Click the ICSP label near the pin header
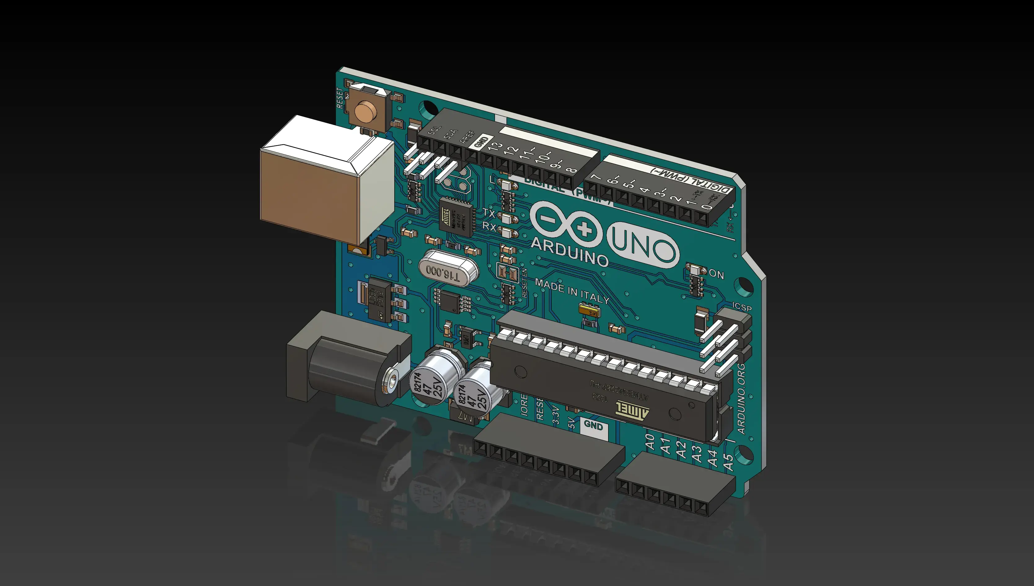tap(741, 307)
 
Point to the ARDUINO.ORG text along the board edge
tap(741, 398)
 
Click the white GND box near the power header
tap(594, 424)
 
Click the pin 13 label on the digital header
tap(495, 146)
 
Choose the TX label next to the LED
tap(488, 212)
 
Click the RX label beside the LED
tap(489, 227)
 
